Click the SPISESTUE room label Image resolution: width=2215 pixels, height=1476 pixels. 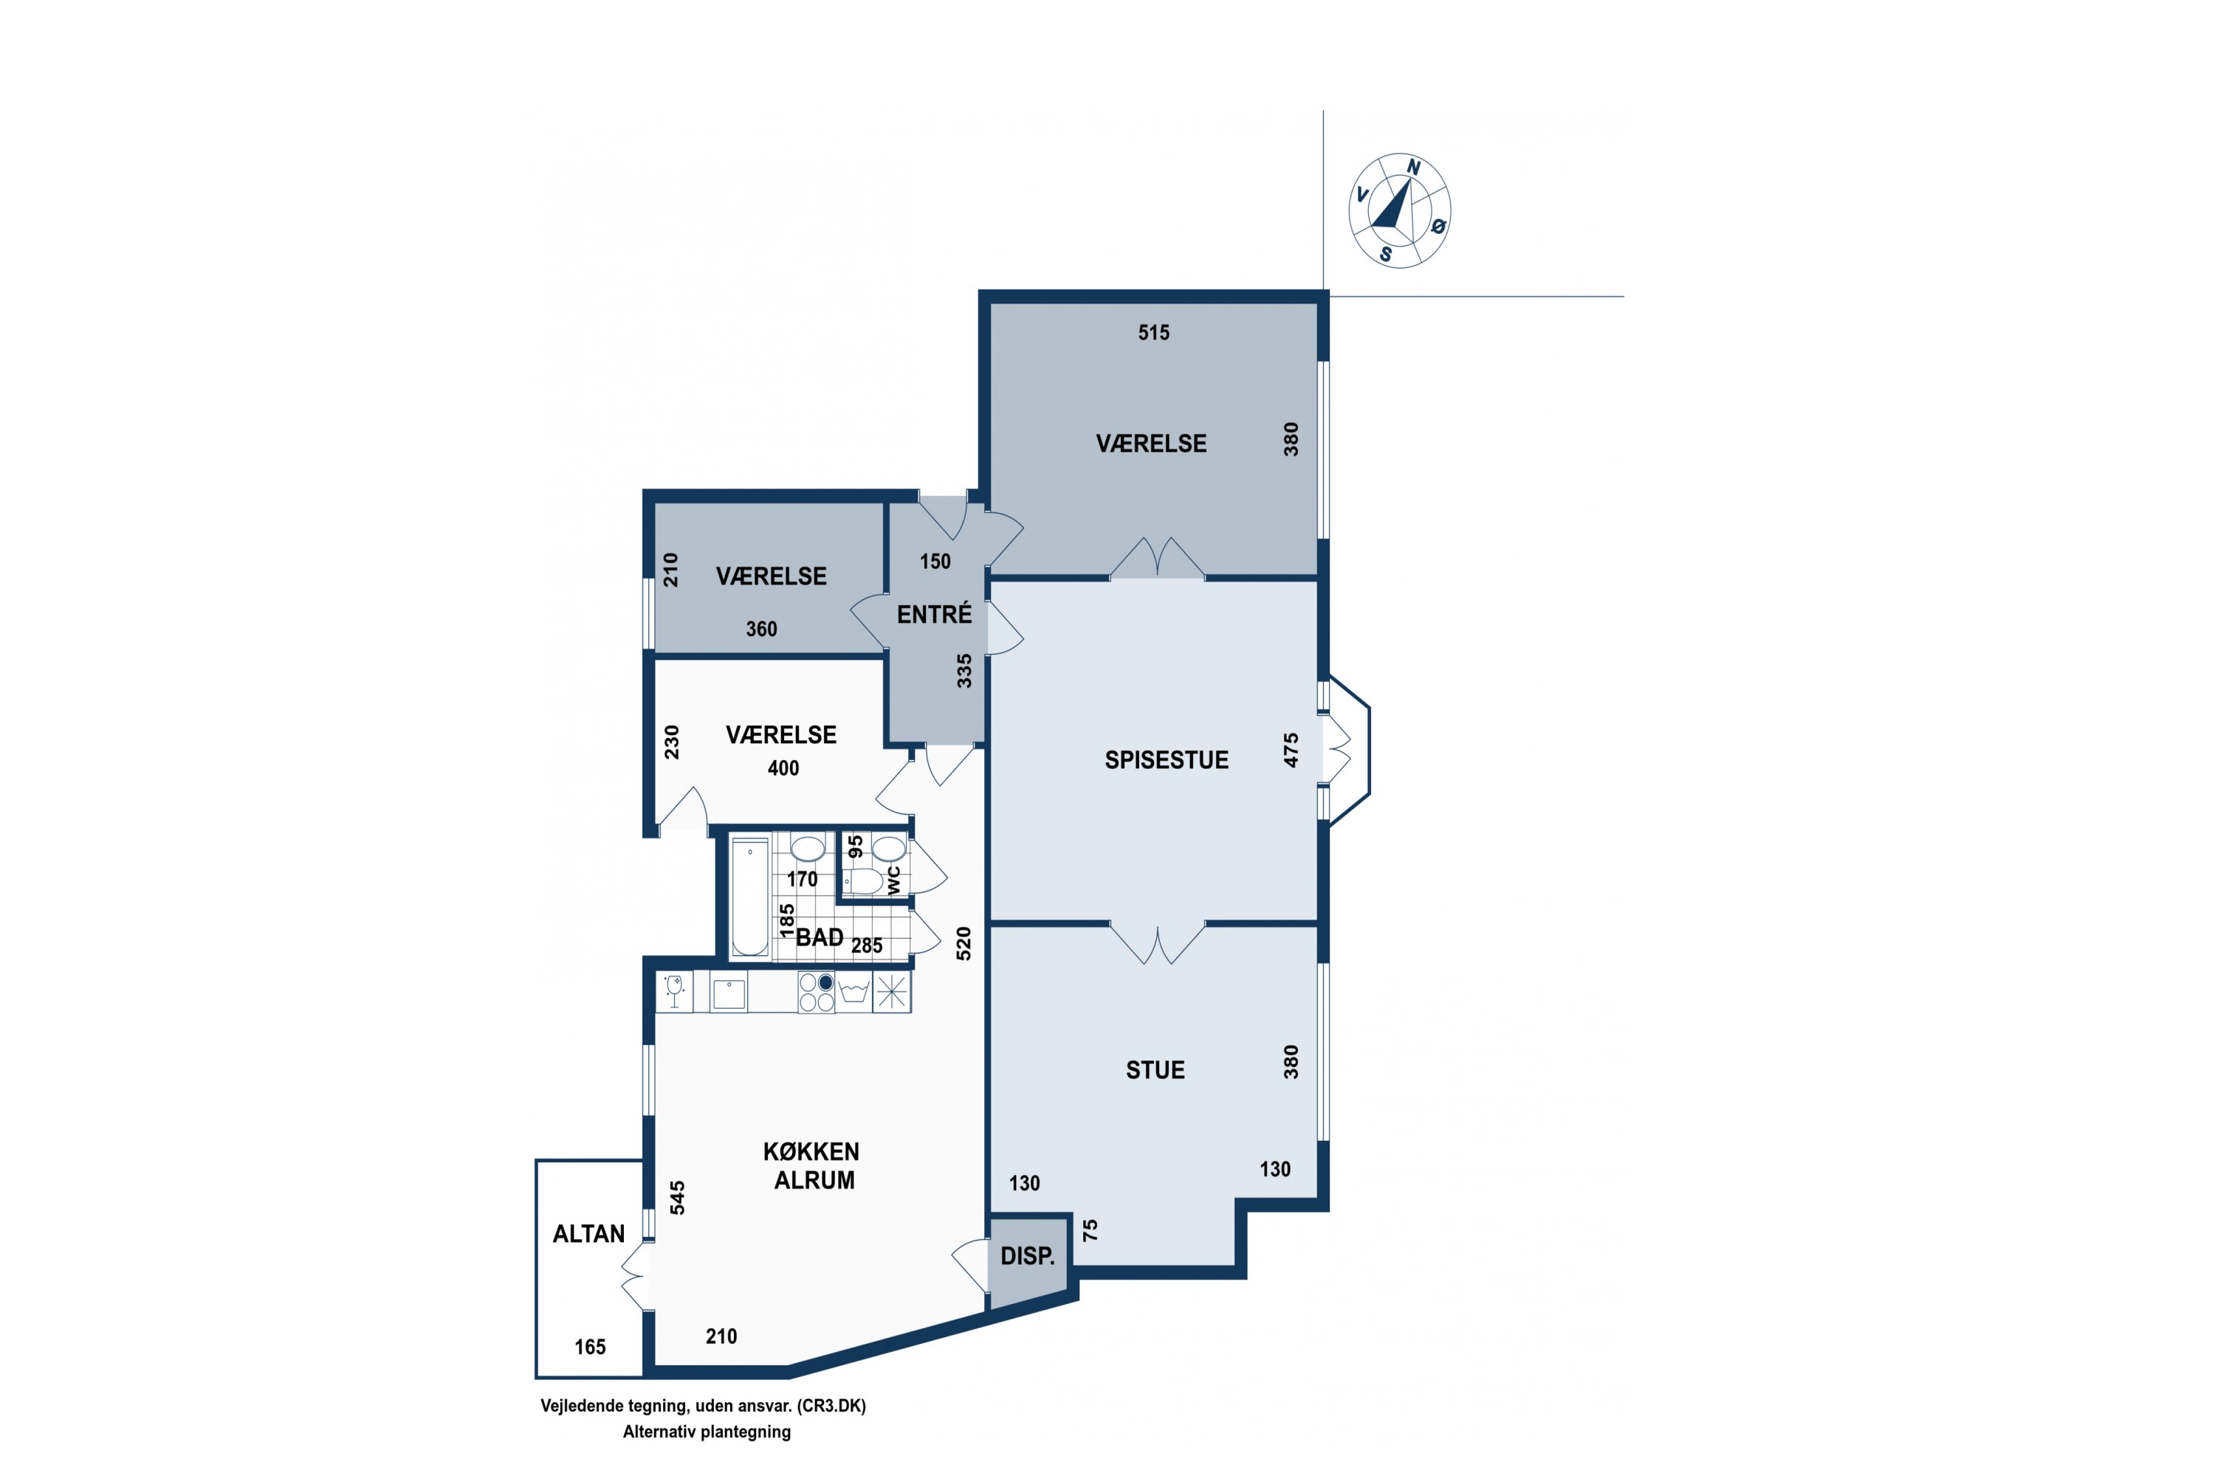point(1166,761)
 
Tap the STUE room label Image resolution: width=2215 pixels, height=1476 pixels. point(1155,1070)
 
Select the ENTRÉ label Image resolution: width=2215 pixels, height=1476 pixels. point(934,614)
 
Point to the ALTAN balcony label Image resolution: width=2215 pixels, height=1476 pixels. point(588,1234)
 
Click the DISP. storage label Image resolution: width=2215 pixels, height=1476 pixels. point(1028,1256)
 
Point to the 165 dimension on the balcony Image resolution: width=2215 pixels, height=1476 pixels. point(591,1347)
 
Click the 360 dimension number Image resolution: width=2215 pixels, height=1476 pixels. point(762,629)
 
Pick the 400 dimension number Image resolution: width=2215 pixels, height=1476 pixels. point(783,768)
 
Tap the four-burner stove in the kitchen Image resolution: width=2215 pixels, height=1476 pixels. point(817,992)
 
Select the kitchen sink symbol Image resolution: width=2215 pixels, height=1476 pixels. point(729,994)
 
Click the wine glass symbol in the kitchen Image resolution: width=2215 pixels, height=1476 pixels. point(674,992)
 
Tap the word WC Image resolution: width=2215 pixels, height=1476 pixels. point(893,880)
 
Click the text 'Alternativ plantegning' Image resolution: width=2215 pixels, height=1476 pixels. point(707,1432)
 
